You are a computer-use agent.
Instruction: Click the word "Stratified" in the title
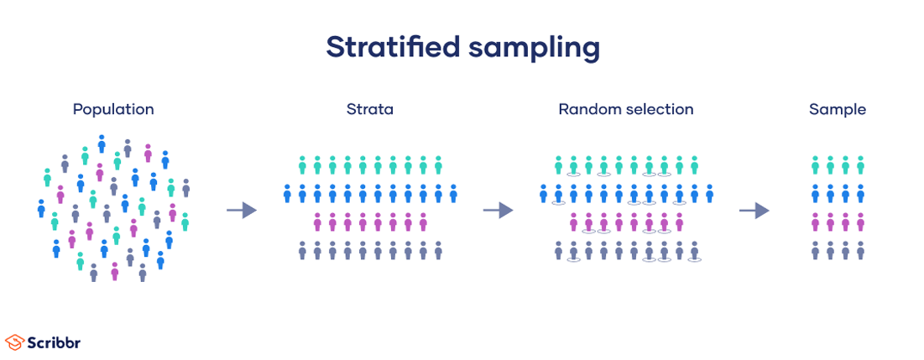[x=392, y=47]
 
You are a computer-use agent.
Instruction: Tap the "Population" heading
[x=113, y=109]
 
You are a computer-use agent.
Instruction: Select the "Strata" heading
[x=369, y=109]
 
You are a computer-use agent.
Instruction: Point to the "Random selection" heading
[x=626, y=109]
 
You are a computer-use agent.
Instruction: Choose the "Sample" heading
[x=838, y=109]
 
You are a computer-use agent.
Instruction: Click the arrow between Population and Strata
[x=242, y=210]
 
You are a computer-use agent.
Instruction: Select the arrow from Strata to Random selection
[x=498, y=210]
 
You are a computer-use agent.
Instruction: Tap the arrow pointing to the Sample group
[x=754, y=210]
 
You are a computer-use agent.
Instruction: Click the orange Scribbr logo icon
[x=14, y=342]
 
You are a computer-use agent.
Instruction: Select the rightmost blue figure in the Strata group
[x=453, y=194]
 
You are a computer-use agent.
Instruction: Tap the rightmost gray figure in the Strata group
[x=438, y=250]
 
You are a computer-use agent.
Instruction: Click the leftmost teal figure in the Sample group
[x=815, y=164]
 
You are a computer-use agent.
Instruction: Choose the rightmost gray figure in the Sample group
[x=860, y=250]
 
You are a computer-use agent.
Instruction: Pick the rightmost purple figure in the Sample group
[x=860, y=222]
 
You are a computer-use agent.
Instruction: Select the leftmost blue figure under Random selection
[x=543, y=194]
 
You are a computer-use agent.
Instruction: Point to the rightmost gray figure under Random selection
[x=694, y=250]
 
